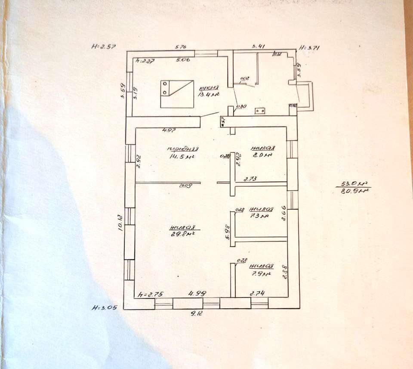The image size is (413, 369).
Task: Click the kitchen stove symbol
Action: (177, 94)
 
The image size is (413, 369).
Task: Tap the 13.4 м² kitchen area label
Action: (209, 95)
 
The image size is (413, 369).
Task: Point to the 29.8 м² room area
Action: (183, 234)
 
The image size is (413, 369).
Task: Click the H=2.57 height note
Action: (104, 46)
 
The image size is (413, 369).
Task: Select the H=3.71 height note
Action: (311, 48)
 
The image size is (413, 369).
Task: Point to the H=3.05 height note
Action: (104, 308)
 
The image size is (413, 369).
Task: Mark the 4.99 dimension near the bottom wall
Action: (197, 293)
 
